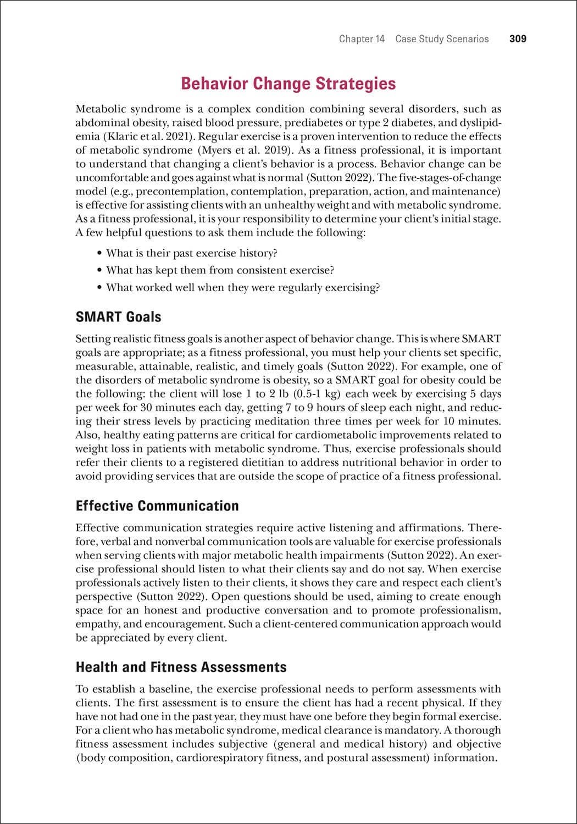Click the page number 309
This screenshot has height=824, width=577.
(518, 39)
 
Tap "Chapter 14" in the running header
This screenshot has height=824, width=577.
(362, 39)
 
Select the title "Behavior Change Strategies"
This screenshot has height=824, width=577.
(288, 83)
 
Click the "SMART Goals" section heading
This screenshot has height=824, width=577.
(119, 317)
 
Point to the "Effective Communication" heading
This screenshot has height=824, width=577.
(157, 506)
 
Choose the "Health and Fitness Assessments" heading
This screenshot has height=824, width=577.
(181, 667)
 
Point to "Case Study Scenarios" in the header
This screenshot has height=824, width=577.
(442, 39)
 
